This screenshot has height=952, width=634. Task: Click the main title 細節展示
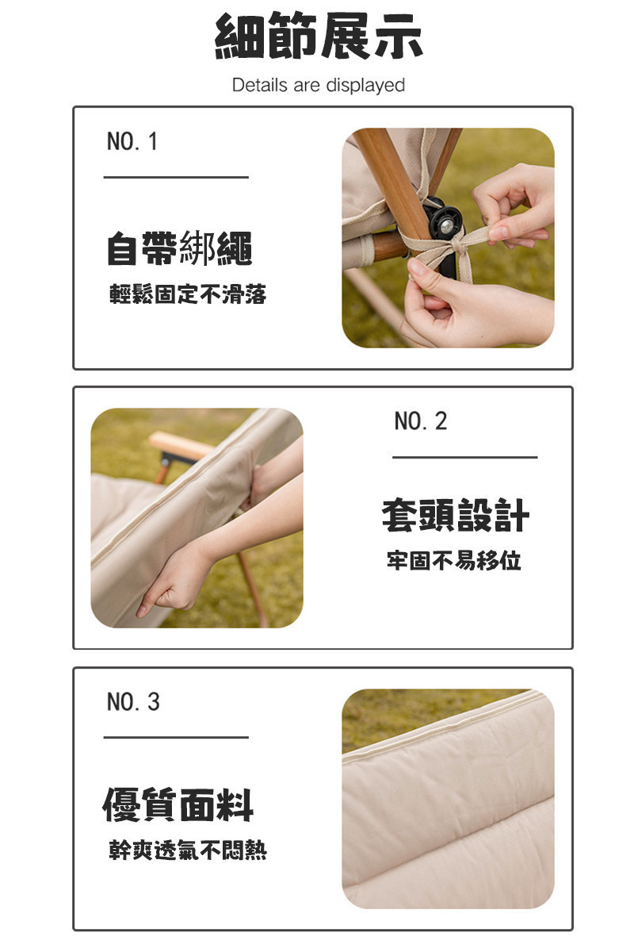319,36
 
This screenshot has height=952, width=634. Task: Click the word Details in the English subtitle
260,85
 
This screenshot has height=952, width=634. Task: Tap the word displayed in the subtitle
365,86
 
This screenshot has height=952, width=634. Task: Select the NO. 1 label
132,141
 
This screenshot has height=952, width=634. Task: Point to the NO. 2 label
420,421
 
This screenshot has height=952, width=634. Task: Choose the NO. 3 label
133,701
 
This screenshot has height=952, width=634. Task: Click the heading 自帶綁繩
180,248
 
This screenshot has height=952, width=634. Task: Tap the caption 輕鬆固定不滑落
188,294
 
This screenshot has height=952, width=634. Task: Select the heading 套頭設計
456,515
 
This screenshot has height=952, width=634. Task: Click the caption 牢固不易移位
453,560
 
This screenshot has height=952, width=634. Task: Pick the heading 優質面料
178,805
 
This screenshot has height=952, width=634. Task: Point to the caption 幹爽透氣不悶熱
188,850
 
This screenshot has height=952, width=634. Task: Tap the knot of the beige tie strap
457,245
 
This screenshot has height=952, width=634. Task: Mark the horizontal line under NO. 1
176,177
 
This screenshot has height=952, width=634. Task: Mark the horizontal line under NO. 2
464,457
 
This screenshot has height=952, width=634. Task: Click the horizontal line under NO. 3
176,737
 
